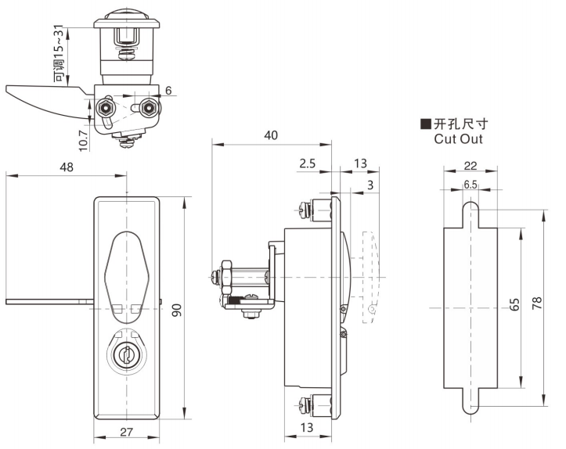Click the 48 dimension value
pos(67,167)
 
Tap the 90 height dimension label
pos(176,310)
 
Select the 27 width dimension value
pos(126,432)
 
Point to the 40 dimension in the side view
pos(271,135)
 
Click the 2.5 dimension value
pos(307,163)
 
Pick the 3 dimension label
pos(370,185)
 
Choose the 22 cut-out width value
pos(470,166)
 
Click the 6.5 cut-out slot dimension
pos(470,185)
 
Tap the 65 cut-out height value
pos(515,304)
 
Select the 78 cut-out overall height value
pos(537,303)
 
